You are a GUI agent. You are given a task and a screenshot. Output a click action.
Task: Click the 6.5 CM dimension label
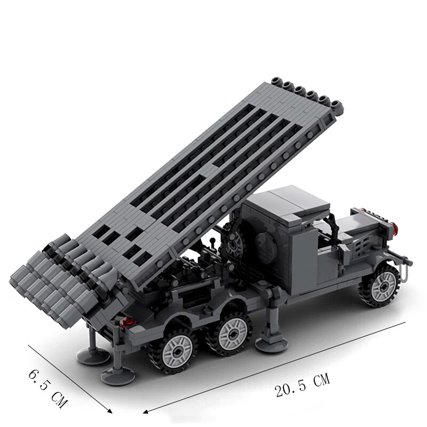pyautogui.click(x=48, y=389)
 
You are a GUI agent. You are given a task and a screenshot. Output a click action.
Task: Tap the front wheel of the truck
pyautogui.click(x=381, y=286)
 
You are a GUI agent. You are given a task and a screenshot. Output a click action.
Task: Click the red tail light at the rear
pyautogui.click(x=128, y=322)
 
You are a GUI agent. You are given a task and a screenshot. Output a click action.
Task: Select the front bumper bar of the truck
pyautogui.click(x=399, y=258)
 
